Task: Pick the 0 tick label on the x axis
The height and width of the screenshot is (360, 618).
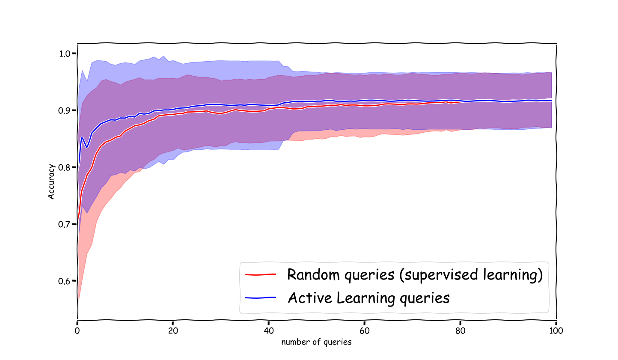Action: pos(77,330)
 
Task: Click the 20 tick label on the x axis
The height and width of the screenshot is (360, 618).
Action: pos(172,330)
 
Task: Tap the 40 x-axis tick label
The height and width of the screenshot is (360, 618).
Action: pos(268,330)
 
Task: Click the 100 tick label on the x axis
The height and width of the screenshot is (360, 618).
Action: pos(556,330)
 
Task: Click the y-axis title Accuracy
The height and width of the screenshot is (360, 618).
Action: pos(51,181)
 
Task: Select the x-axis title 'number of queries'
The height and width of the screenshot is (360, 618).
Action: pos(316,342)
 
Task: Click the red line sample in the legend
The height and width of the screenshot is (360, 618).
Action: pos(260,274)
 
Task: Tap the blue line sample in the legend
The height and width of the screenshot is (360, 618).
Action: pos(260,298)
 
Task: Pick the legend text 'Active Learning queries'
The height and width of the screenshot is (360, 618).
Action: pos(368,298)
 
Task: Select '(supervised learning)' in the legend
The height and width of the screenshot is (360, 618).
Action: pos(471,274)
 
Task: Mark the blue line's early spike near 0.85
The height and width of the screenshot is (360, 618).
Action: pos(82,138)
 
